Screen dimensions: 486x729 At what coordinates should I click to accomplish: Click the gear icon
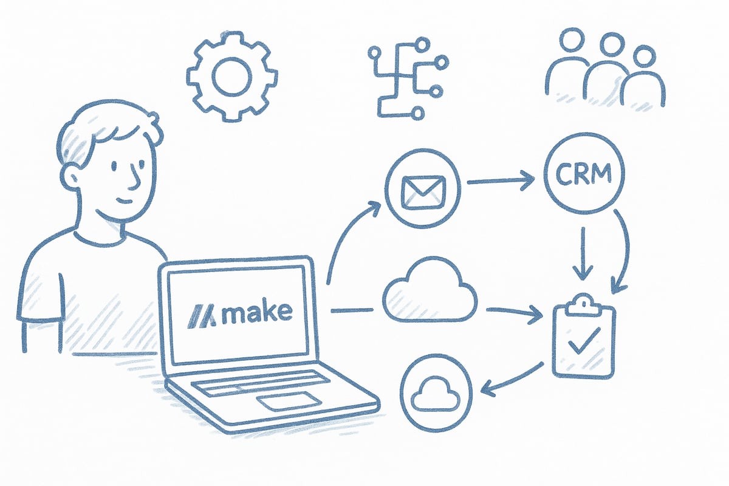pyautogui.click(x=231, y=76)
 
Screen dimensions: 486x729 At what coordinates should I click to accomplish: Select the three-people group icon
pyautogui.click(x=604, y=70)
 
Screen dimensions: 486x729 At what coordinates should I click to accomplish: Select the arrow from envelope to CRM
pyautogui.click(x=501, y=180)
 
